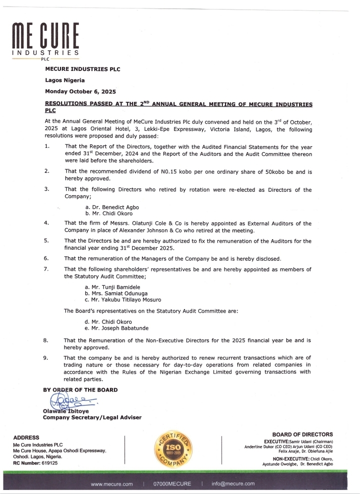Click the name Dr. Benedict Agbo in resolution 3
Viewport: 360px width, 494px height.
pyautogui.click(x=112, y=206)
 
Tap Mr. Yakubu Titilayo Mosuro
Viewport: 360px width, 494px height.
pyautogui.click(x=123, y=300)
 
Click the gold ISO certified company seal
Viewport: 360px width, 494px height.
pyautogui.click(x=172, y=448)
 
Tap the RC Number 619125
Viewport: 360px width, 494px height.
pyautogui.click(x=35, y=463)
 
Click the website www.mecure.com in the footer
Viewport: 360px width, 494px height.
pyautogui.click(x=111, y=484)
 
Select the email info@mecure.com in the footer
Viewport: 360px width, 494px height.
pyautogui.click(x=233, y=484)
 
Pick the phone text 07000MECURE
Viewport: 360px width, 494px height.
pyautogui.click(x=172, y=484)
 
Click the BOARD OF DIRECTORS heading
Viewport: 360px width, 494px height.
pyautogui.click(x=302, y=434)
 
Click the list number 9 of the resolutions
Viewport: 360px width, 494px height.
pyautogui.click(x=46, y=358)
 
